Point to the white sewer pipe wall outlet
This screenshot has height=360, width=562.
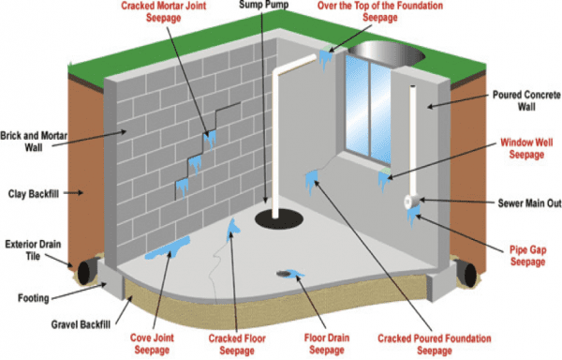click(x=410, y=201)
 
